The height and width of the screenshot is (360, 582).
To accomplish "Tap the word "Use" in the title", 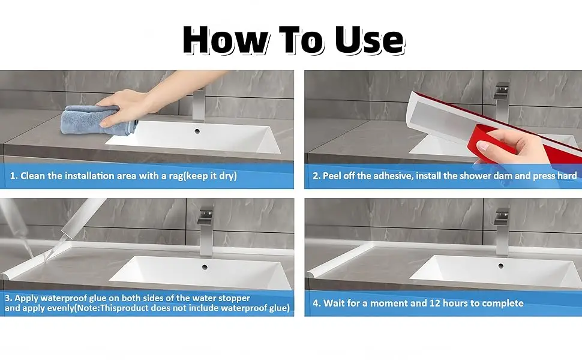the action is pos(370,40).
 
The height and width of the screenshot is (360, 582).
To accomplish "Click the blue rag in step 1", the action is pos(97,119).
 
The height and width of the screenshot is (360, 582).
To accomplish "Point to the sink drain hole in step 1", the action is pos(197,131).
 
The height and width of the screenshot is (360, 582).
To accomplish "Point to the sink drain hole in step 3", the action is pos(205,267).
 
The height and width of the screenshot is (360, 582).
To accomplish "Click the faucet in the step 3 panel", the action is pos(206,233).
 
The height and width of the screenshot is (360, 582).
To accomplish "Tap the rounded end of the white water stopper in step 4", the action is pos(312,275).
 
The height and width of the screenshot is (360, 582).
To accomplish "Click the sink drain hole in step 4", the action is pos(501,266).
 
